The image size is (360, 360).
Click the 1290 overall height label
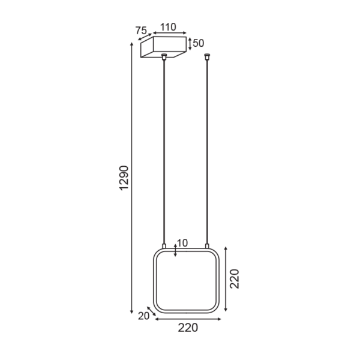coord(124,178)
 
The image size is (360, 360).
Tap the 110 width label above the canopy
coord(168,27)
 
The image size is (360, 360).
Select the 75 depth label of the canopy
coord(141,31)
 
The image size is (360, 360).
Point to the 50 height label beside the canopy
coord(199,43)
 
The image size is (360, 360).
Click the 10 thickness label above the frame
coord(182,243)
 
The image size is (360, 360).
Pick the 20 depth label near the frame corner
coord(143,316)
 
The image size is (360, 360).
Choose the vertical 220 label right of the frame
coord(235,279)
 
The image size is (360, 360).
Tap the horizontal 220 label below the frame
coord(188,328)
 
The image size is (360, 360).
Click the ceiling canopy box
coord(163,47)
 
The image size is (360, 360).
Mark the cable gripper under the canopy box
coord(164,56)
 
